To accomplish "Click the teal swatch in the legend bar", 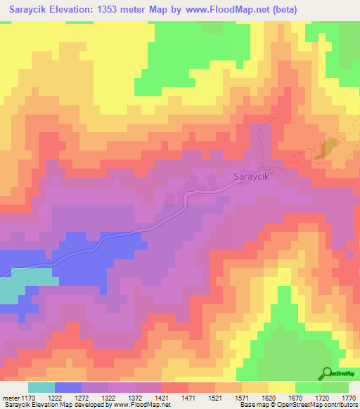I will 41,387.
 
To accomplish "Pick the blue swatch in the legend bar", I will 68,387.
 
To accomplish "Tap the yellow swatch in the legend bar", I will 282,387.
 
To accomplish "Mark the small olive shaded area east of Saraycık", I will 328,148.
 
